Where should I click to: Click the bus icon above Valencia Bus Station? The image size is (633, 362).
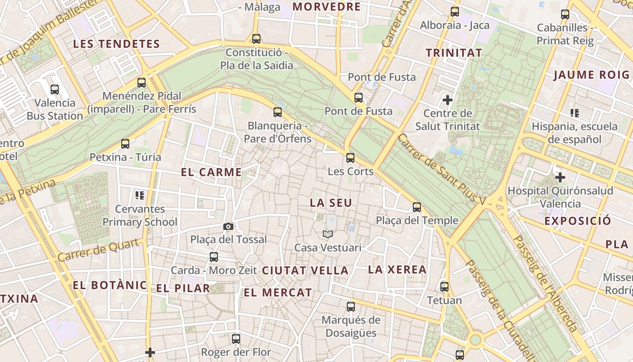[55, 90]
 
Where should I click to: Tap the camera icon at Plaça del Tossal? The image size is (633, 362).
[228, 226]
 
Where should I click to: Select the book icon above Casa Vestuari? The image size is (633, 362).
[328, 234]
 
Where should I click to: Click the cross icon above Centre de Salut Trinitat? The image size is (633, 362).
[448, 100]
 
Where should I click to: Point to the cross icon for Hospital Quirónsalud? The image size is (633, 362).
[560, 177]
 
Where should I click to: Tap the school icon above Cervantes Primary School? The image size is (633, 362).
[140, 195]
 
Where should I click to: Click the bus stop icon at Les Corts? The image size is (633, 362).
[350, 158]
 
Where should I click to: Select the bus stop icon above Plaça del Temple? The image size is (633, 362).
[417, 207]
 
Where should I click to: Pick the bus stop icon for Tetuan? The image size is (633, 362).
[444, 286]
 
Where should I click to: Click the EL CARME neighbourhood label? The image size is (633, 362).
[211, 172]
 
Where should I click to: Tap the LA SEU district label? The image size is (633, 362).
[331, 203]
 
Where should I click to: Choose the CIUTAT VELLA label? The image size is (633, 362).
[305, 271]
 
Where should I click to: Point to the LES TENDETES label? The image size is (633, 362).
[117, 44]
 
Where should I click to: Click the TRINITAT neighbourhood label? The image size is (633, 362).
[454, 53]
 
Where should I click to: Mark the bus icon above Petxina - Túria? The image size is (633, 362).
[125, 144]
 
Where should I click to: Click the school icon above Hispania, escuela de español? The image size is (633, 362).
[575, 113]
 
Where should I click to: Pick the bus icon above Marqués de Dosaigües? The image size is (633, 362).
[351, 307]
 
